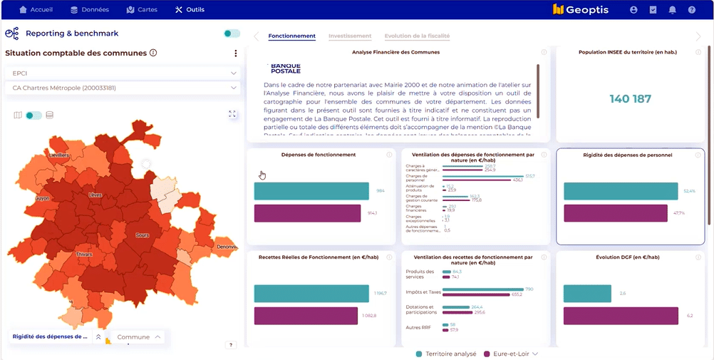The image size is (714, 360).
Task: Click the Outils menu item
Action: [x=190, y=10]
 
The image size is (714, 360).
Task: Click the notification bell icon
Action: [x=672, y=10]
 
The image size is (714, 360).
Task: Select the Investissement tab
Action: [x=349, y=36]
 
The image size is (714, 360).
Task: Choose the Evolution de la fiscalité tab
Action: [x=417, y=36]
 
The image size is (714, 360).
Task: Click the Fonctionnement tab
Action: [x=292, y=36]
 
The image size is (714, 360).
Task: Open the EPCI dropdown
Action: [x=124, y=73]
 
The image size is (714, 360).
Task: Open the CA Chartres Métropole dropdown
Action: [x=124, y=88]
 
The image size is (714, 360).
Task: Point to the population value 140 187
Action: [x=630, y=99]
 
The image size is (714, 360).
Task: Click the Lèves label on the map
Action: [x=95, y=195]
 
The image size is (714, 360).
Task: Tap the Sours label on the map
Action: [x=142, y=235]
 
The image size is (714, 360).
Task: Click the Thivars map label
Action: [x=84, y=253]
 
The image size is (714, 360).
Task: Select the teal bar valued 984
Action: [x=311, y=191]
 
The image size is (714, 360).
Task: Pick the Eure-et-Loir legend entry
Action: [x=510, y=354]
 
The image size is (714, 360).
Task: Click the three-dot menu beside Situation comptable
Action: [x=236, y=53]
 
